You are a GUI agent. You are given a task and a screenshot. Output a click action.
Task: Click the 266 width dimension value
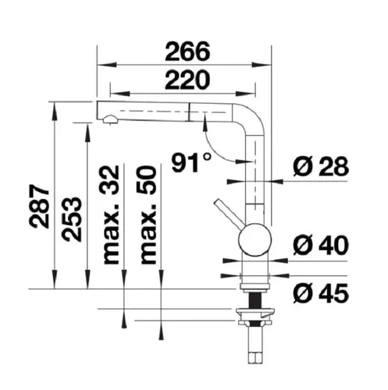tap(187, 51)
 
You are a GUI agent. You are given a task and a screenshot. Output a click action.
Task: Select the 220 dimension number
tap(187, 80)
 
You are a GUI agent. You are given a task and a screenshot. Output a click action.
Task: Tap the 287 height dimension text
tap(39, 207)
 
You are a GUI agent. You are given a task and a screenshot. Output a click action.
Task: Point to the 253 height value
tap(71, 219)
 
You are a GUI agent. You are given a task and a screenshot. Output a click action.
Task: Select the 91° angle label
tap(191, 163)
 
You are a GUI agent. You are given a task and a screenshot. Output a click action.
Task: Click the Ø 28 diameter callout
tap(321, 166)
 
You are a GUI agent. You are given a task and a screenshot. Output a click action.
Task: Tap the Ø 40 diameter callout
tap(321, 245)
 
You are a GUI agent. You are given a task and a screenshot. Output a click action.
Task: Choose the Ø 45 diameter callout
tap(321, 293)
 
